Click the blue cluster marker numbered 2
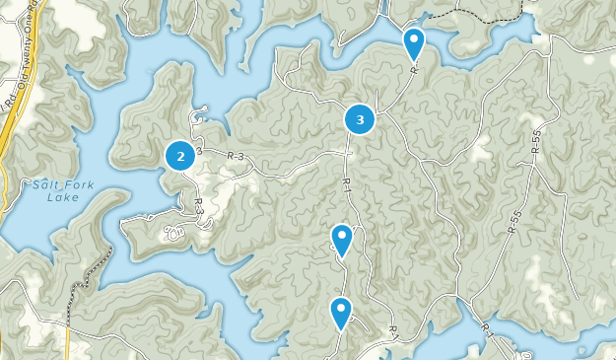pyautogui.click(x=179, y=155)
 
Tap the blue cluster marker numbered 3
pyautogui.click(x=360, y=119)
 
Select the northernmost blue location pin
pyautogui.click(x=414, y=42)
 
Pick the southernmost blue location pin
pyautogui.click(x=341, y=312)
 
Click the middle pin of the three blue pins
pyautogui.click(x=341, y=239)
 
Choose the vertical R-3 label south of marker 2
pyautogui.click(x=199, y=207)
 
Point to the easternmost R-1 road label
pyautogui.click(x=486, y=328)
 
